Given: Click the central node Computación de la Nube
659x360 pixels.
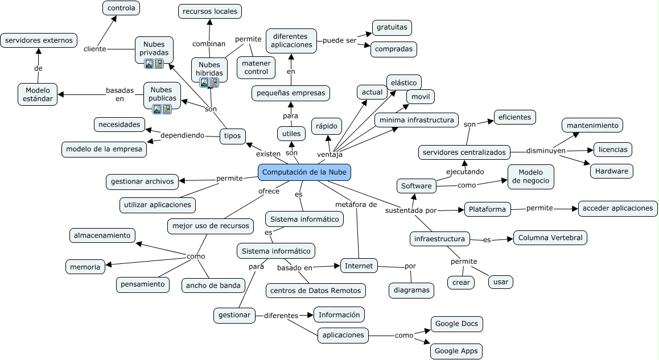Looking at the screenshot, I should coord(304,172).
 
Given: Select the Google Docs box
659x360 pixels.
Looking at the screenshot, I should coord(457,324).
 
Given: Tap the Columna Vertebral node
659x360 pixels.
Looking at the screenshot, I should coord(550,238).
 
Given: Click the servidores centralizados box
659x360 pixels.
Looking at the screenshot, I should coord(464,152).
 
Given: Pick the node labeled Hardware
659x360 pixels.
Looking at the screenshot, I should coord(612,171).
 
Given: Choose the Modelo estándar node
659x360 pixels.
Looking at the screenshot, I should coord(38,94).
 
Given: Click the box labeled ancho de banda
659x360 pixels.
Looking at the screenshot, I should coord(213,285).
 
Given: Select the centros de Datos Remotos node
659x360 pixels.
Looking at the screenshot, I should coord(315,291).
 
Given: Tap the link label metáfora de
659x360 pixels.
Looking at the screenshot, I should coord(356,204).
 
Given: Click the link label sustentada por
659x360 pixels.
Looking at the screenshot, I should coord(411,210).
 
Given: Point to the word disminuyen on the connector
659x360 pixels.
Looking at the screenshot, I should coord(545,151).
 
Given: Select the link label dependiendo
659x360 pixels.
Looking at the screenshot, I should coord(182,135).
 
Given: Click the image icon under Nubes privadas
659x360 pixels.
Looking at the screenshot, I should coord(149,64).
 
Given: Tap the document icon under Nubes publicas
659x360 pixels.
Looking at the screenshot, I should coord(167,109).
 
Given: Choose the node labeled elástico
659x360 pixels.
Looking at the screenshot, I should coord(403,82).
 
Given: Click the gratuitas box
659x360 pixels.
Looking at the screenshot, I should coord(392,27).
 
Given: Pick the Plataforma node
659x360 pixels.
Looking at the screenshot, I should coord(487,209).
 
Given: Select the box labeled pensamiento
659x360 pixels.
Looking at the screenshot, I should coord(142,284).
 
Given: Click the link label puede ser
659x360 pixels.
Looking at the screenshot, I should coord(339,40).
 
